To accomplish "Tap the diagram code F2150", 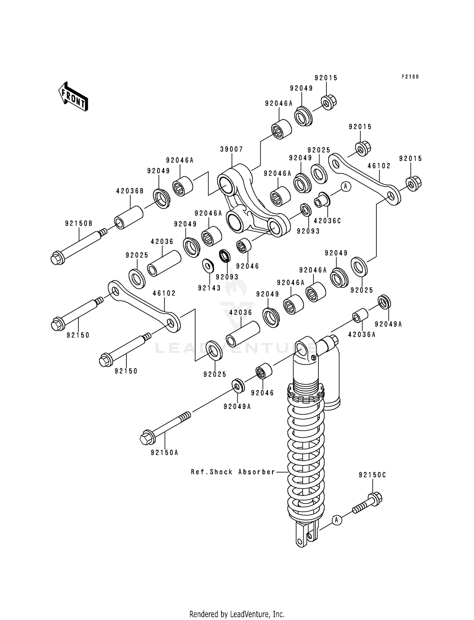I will click(x=410, y=77).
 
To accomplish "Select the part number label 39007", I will click(x=232, y=149).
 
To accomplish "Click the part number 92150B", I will click(x=79, y=224).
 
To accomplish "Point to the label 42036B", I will click(x=130, y=191).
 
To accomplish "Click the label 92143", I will click(x=210, y=288).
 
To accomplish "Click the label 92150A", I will click(x=164, y=453).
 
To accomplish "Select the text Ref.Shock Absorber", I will click(x=233, y=472).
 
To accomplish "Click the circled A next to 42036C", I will click(x=345, y=186).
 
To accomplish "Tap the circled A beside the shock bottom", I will click(x=337, y=520).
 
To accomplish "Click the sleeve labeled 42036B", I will click(x=129, y=217).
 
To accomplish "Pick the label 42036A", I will click(x=362, y=334).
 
